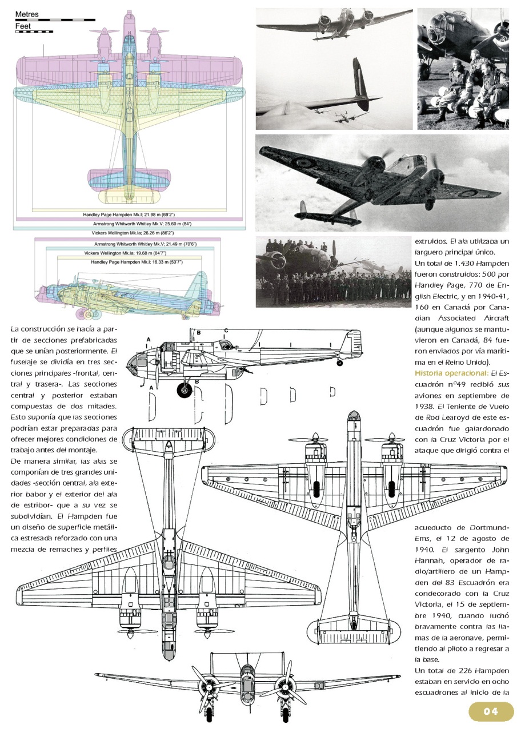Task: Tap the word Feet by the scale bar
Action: [x=22, y=26]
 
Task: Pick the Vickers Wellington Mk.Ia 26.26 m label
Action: [x=133, y=233]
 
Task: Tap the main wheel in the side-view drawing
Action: [x=185, y=391]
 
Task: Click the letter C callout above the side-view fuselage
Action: [x=226, y=331]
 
